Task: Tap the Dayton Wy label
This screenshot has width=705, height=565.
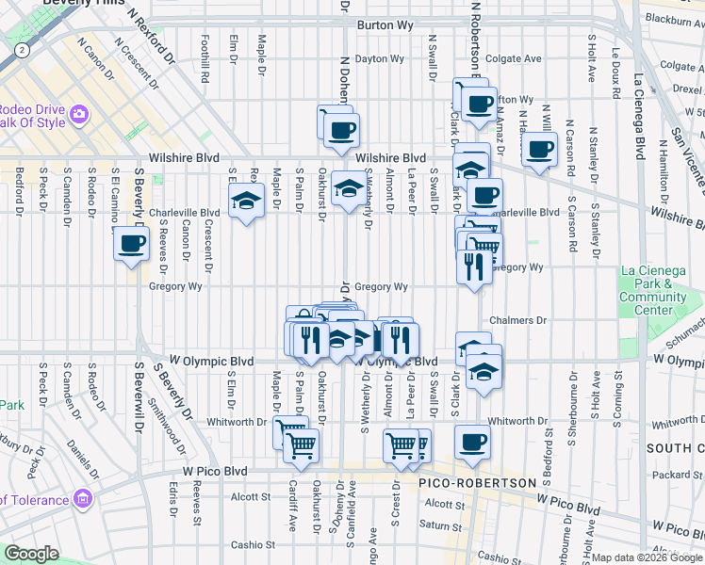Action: tap(379, 58)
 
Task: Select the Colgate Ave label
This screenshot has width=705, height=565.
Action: tap(514, 58)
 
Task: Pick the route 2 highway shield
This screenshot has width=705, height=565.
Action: tap(21, 48)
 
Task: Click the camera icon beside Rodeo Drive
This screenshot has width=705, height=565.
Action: tap(78, 114)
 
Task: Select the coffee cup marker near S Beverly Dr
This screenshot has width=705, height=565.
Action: tap(131, 245)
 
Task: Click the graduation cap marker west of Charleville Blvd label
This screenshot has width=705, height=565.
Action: tap(247, 201)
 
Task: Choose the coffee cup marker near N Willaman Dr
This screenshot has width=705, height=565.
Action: tap(539, 150)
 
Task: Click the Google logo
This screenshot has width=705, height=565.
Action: tap(32, 554)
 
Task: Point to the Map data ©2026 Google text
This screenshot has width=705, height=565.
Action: tap(647, 557)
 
